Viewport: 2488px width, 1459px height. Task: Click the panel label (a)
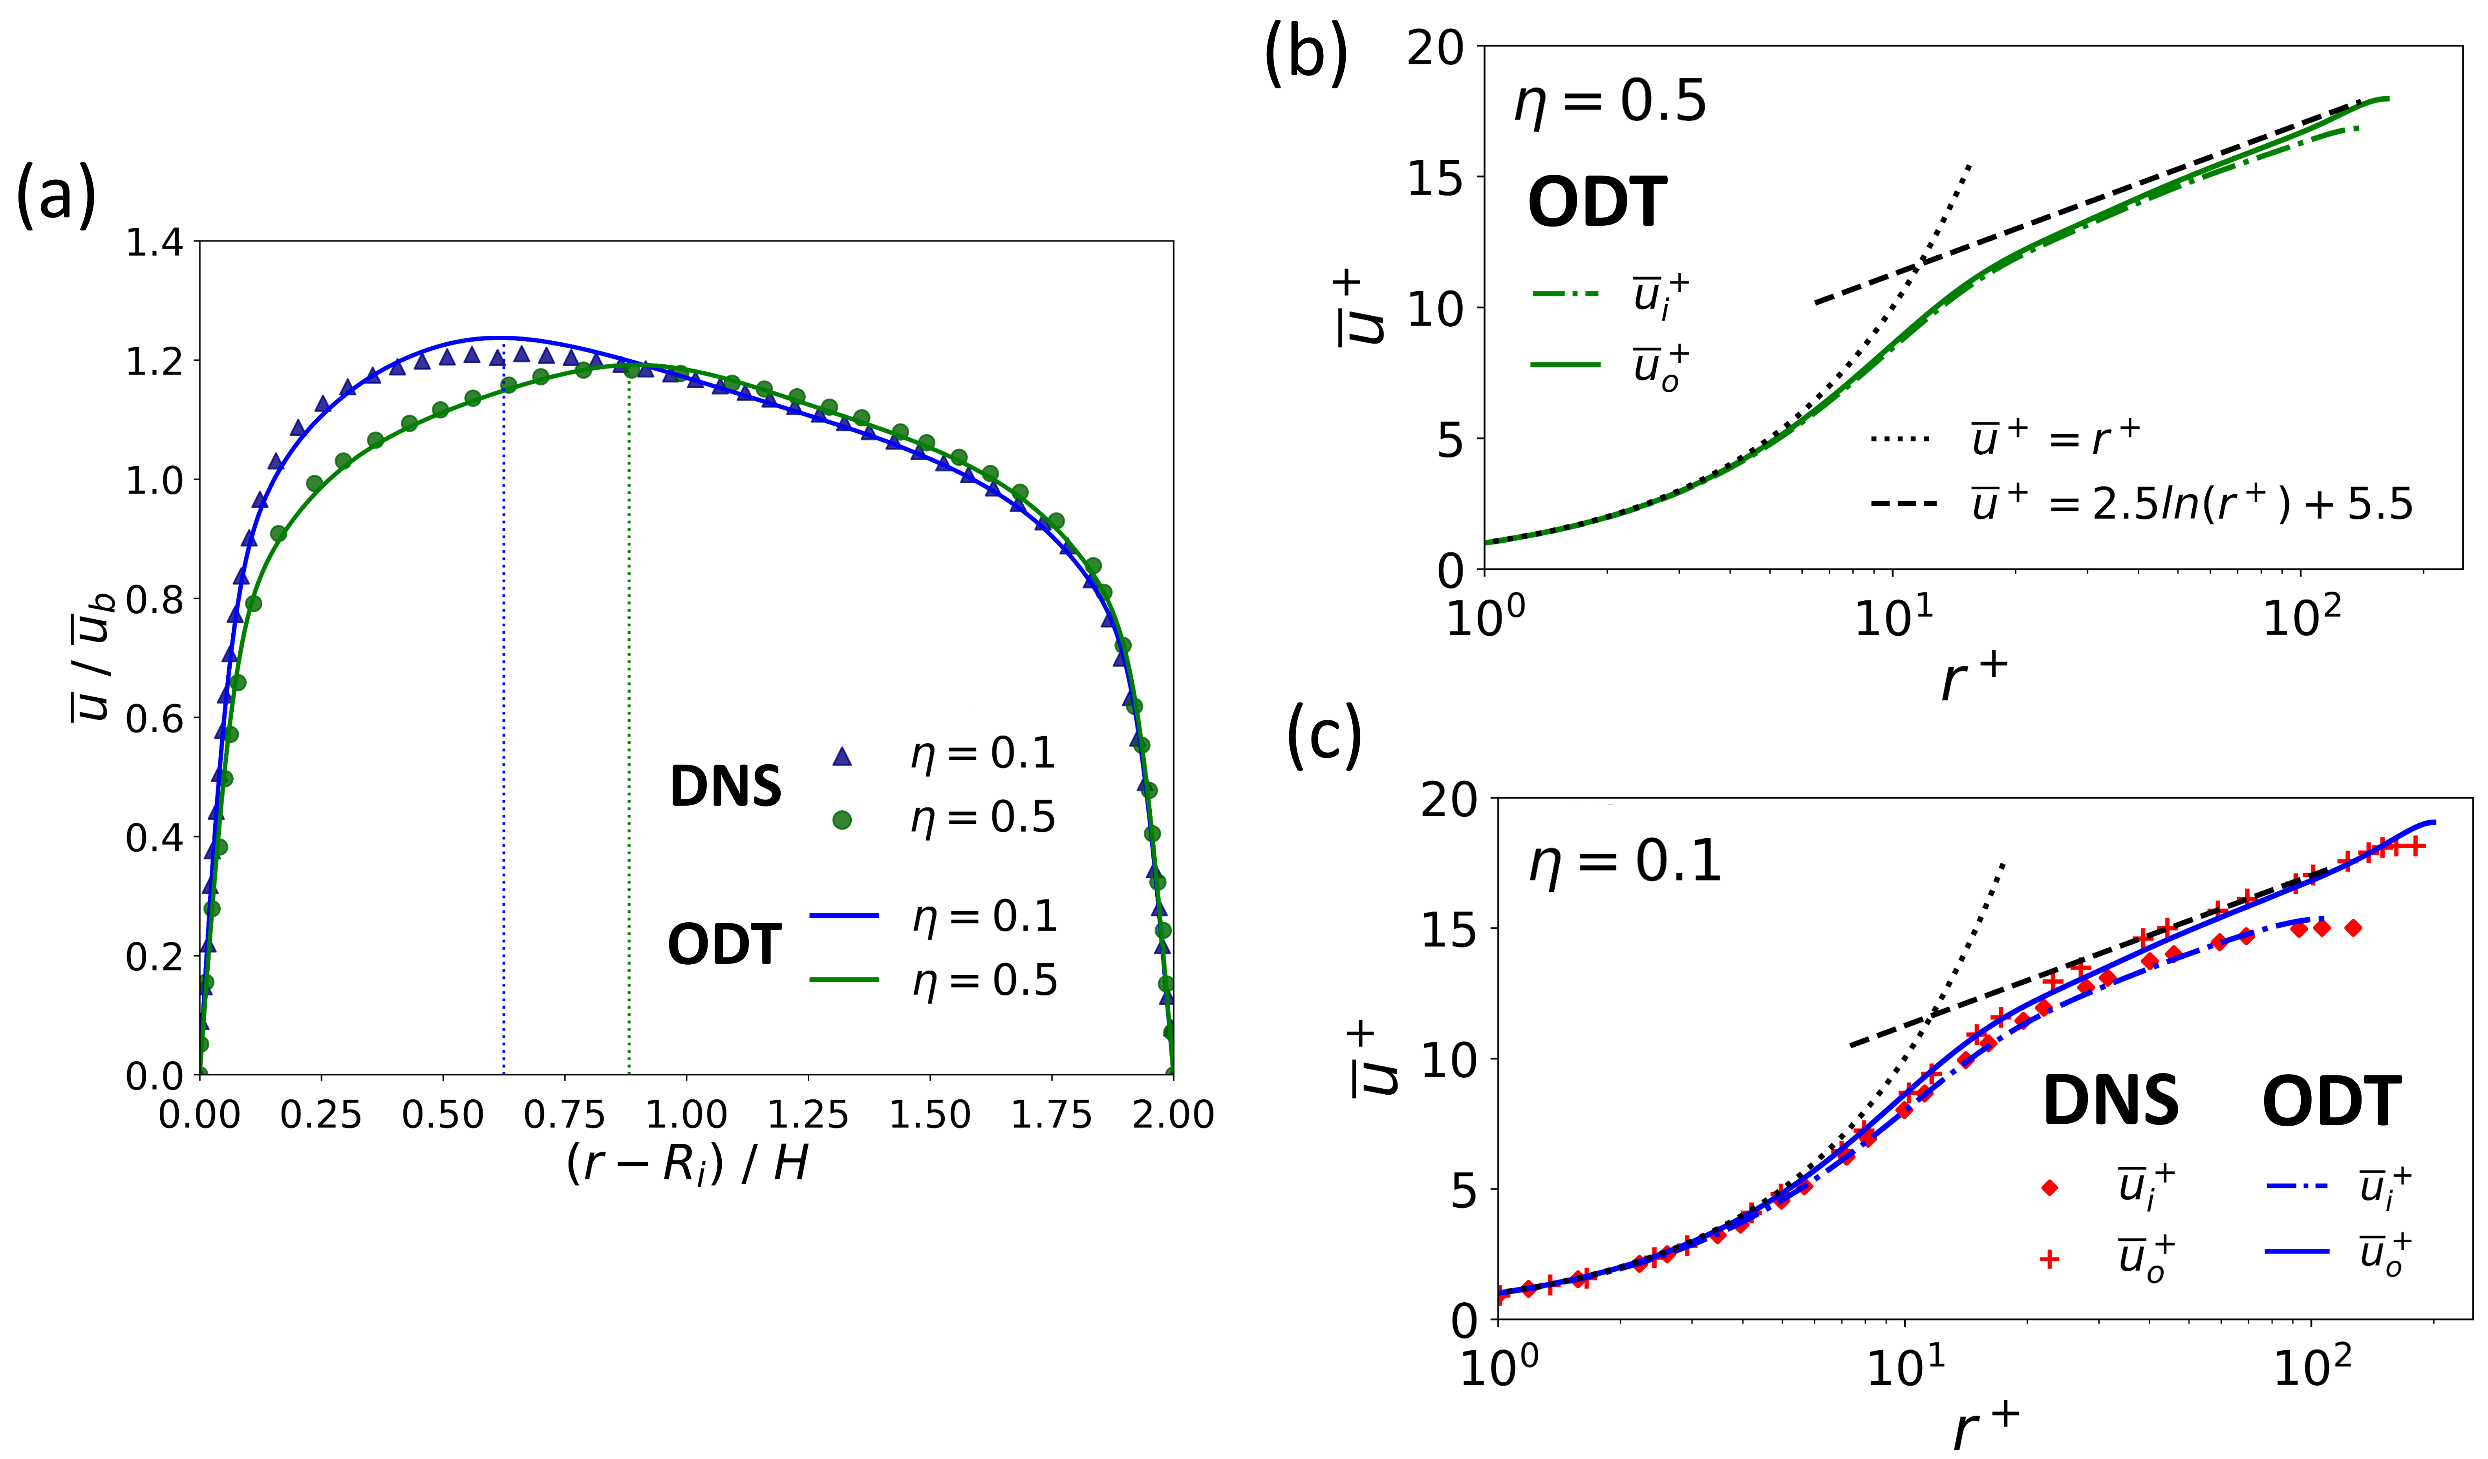point(56,196)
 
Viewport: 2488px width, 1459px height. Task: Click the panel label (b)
point(1305,51)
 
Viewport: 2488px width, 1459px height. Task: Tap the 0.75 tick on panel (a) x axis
point(564,1115)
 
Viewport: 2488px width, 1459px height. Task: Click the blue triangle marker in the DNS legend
point(841,756)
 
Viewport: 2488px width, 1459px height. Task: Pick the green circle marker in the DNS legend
point(841,819)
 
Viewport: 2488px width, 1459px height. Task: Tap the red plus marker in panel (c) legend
point(2050,1259)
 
